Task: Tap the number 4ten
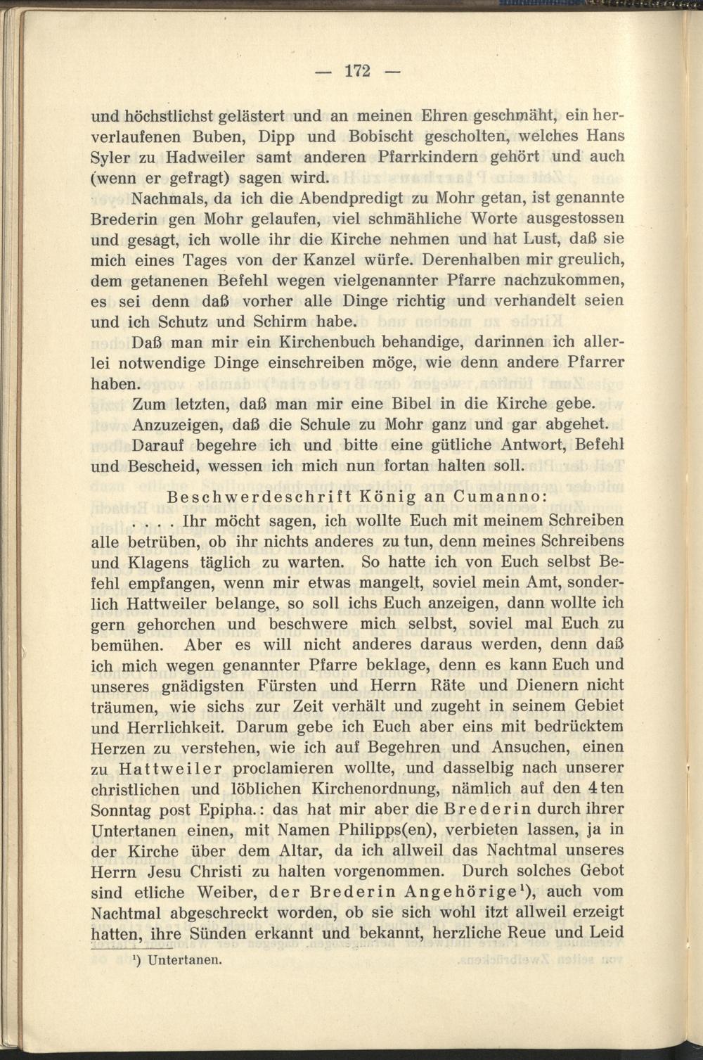(x=606, y=788)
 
